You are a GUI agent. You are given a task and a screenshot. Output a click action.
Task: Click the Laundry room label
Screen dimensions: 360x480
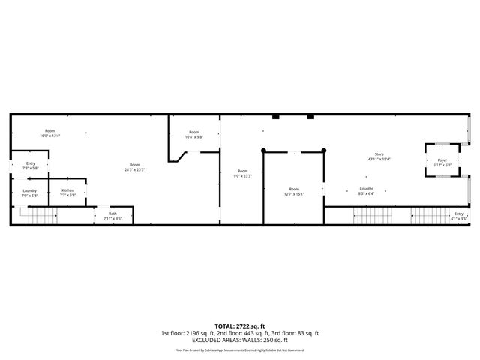(29, 190)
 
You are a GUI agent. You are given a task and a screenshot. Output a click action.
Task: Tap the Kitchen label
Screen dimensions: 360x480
(67, 190)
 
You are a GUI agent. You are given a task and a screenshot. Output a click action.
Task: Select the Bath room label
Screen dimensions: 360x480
(112, 214)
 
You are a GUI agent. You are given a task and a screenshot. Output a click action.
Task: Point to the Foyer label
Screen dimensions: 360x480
(442, 160)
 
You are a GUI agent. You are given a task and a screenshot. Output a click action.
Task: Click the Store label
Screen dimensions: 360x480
(379, 154)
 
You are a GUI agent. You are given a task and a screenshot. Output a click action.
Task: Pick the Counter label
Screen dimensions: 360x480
(366, 188)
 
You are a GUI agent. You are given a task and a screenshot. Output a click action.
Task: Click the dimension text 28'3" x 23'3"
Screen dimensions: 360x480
(134, 169)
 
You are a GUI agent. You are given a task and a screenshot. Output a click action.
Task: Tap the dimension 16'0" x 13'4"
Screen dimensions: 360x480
(50, 136)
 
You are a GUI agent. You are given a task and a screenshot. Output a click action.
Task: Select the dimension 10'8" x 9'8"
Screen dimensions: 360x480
(193, 136)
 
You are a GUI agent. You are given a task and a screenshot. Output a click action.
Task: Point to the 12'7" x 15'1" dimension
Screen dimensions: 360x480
(294, 193)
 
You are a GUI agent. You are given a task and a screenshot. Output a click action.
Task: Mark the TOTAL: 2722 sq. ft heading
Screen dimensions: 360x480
(240, 325)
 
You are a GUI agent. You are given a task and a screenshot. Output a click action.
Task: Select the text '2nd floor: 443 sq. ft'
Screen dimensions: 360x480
(244, 333)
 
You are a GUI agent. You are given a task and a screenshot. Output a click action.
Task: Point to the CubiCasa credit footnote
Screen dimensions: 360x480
(240, 349)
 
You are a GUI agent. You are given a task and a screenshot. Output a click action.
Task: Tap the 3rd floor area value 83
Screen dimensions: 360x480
(301, 333)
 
